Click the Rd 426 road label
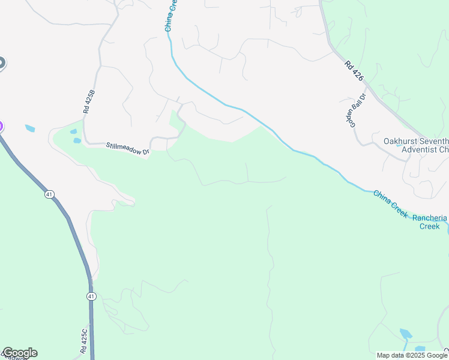354,70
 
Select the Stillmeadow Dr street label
127,148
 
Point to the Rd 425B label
89,102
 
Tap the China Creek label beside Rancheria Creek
391,204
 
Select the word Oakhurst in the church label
403,142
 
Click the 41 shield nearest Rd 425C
91,296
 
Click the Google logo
19,353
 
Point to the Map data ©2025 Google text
412,355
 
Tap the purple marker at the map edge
1,127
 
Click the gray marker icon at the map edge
1,63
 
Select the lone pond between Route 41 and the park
30,128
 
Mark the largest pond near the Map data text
406,334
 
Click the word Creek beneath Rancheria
429,226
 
